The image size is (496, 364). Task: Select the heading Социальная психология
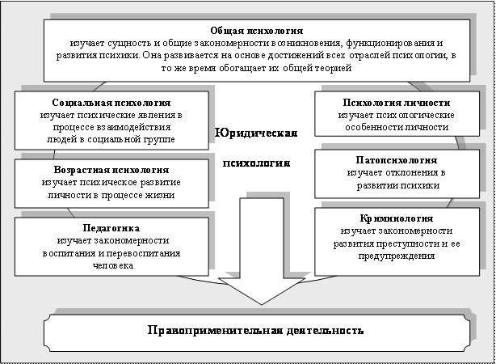(111, 104)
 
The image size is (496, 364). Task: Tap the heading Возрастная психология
(111, 171)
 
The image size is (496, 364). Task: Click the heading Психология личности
(395, 104)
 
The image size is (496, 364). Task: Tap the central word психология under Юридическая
(255, 162)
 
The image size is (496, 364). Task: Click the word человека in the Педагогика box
(111, 265)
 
